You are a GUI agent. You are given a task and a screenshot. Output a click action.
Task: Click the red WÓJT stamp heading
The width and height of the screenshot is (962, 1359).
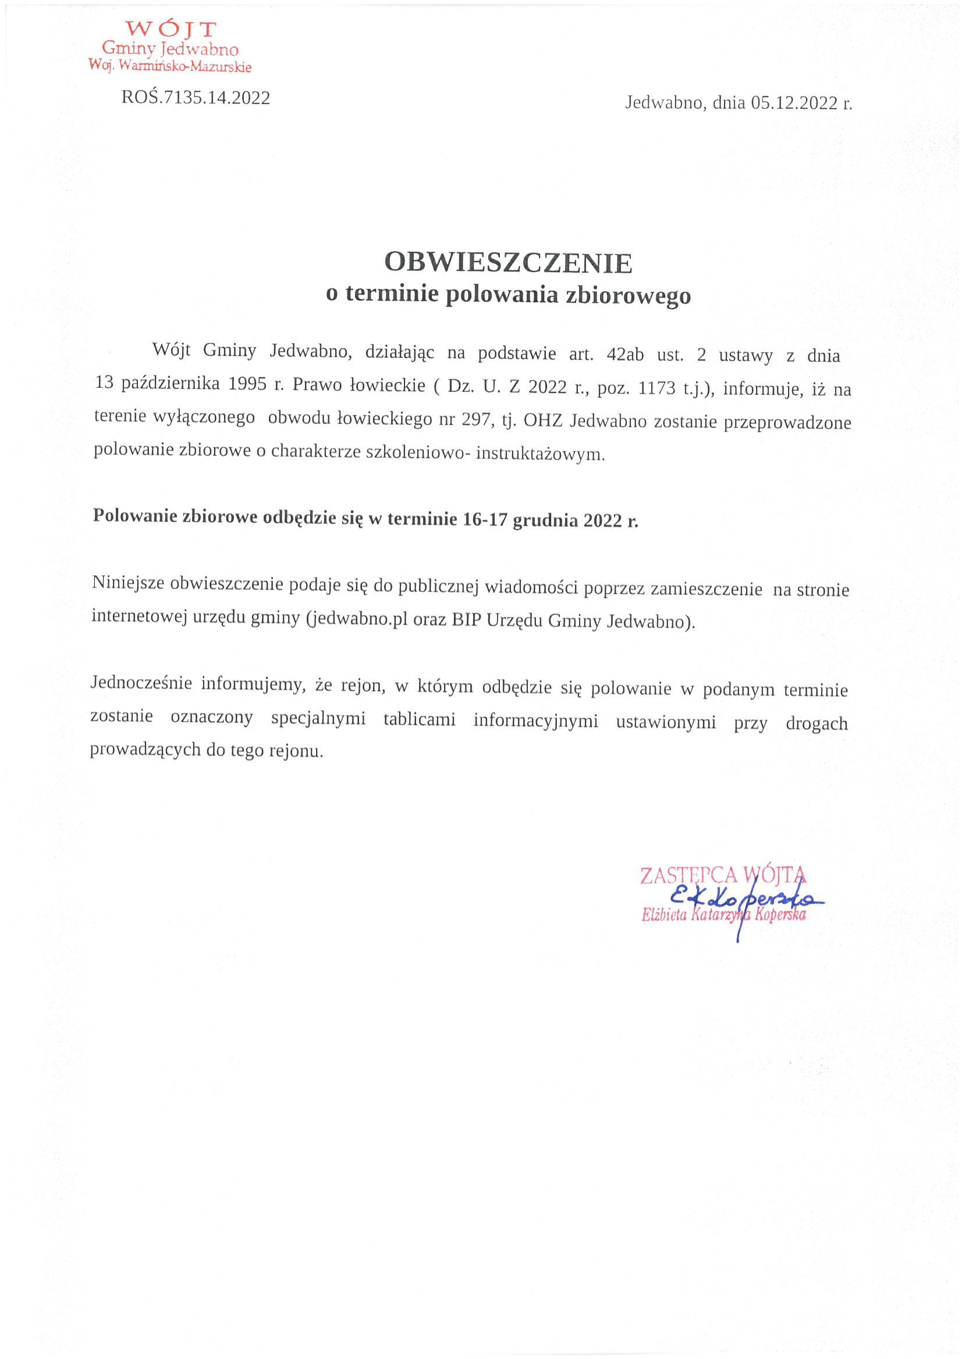171,29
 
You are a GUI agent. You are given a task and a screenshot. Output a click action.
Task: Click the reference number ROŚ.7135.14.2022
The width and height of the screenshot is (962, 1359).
196,98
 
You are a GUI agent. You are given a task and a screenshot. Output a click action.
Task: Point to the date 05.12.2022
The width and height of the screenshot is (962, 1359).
794,103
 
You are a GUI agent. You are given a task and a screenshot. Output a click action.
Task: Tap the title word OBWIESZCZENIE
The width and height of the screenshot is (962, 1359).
508,262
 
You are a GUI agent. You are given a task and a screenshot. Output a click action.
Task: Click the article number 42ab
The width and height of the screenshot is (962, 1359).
625,354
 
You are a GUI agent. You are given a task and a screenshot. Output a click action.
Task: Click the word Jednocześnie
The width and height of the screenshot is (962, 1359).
141,683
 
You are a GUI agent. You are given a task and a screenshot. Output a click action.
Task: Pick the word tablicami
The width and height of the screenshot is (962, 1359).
419,720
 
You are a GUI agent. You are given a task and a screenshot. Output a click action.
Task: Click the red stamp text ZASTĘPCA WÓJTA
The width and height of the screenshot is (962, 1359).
723,875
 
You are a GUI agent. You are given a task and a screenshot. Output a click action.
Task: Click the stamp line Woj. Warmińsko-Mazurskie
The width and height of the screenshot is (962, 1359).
170,66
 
